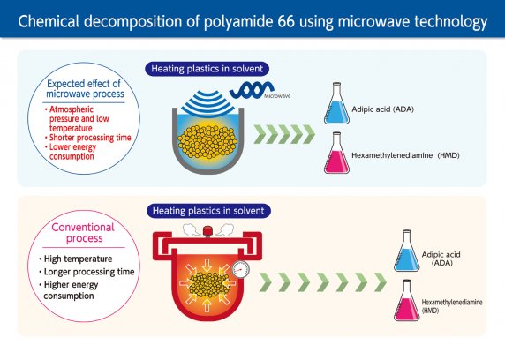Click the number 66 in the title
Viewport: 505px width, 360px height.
coord(285,21)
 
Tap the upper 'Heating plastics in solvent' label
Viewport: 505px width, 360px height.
coord(207,69)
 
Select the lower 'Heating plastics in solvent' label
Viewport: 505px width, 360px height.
coord(208,211)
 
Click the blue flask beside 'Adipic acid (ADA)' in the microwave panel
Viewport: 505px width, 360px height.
coord(336,103)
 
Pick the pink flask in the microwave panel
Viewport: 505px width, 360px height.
coord(336,153)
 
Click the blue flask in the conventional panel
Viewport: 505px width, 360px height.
coord(407,251)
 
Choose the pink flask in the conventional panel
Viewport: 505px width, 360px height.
coord(407,300)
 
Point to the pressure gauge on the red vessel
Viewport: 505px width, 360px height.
coord(241,269)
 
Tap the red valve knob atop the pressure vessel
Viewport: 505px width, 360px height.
coord(207,231)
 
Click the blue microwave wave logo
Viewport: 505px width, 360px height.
coord(252,90)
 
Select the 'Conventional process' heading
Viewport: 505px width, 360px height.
coord(83,233)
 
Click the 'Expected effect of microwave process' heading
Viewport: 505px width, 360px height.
coord(85,88)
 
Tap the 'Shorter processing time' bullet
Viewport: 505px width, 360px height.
coord(88,138)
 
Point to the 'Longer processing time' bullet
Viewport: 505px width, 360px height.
coord(87,272)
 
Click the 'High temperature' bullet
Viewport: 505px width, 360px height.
coord(76,259)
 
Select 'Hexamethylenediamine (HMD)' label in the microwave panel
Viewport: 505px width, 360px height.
coord(405,155)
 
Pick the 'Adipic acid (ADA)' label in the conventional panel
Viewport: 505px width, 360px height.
coord(441,259)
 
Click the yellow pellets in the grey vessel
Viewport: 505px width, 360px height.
coord(207,142)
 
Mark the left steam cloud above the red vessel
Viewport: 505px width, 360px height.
coord(192,229)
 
